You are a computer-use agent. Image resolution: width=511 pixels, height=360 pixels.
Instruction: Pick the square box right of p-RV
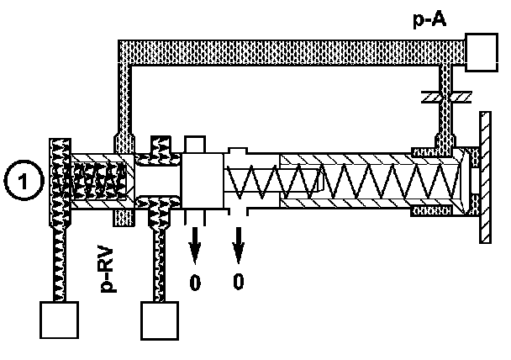(x=160, y=320)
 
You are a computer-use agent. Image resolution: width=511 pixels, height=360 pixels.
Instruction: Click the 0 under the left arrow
(x=195, y=282)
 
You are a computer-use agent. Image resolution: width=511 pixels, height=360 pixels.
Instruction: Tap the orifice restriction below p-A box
(x=441, y=98)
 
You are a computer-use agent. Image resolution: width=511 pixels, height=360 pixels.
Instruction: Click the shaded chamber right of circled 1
(x=101, y=178)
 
